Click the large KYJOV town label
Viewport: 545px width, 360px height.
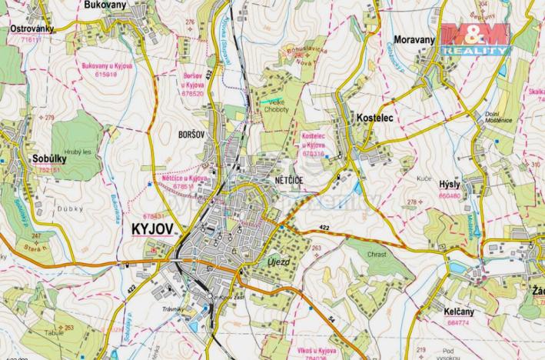(154, 229)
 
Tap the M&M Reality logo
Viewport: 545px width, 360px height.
(474, 38)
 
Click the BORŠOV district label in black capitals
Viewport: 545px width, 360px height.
(192, 133)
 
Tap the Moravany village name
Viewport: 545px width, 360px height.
(414, 39)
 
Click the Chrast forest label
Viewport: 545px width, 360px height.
(377, 253)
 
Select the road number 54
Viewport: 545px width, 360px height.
(332, 318)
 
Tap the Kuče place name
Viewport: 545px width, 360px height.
(423, 178)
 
